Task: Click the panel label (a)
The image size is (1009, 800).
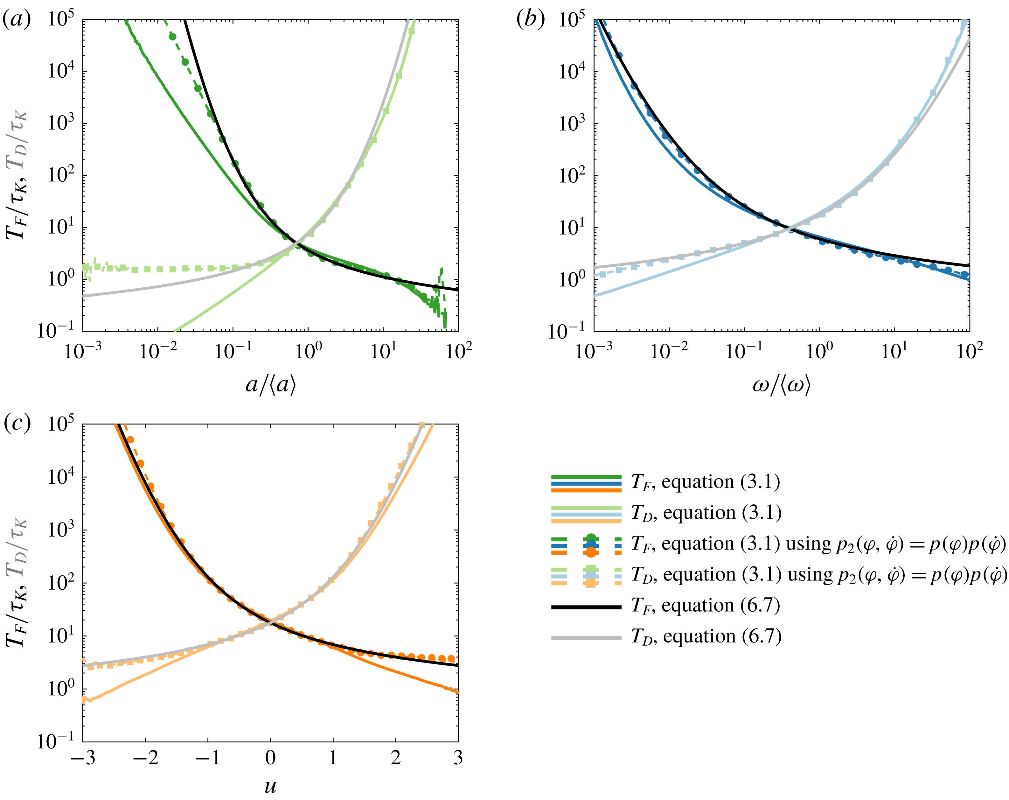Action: (x=17, y=20)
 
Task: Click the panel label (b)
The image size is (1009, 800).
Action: (x=530, y=20)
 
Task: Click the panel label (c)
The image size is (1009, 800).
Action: (x=17, y=423)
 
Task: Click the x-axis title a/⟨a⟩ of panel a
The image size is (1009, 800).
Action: (x=270, y=385)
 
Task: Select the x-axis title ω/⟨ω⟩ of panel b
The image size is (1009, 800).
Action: (x=782, y=385)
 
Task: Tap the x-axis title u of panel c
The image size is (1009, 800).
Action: (x=270, y=785)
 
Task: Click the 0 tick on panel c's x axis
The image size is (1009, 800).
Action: (x=270, y=757)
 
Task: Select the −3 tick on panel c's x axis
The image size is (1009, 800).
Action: (x=83, y=757)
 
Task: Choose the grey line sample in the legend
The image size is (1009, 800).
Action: (x=586, y=638)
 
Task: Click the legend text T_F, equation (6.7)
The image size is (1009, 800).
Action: (x=706, y=606)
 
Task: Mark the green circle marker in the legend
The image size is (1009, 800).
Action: (x=591, y=538)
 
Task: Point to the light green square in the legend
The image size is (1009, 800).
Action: (x=591, y=569)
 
